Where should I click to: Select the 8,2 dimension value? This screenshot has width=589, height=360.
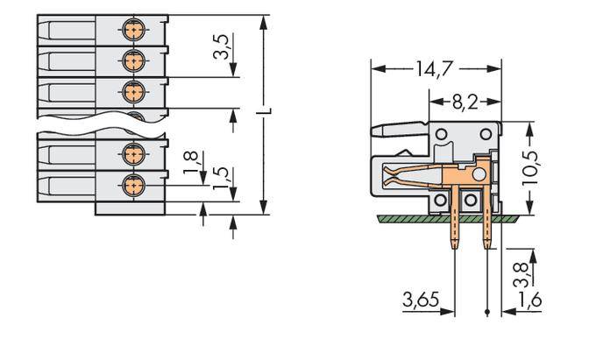point(465,102)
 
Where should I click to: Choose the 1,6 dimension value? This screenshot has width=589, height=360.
point(531,300)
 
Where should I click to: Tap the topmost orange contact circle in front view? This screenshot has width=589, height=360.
point(132,30)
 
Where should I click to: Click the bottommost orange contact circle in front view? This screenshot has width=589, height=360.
point(132,185)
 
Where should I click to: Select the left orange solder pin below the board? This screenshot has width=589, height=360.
point(455,231)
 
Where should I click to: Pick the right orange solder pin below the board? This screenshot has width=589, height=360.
point(487,231)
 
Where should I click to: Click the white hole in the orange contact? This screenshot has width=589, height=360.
point(479,175)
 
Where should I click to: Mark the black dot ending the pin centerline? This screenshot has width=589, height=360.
point(487,313)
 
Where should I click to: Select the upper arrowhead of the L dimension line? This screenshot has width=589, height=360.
point(264,20)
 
